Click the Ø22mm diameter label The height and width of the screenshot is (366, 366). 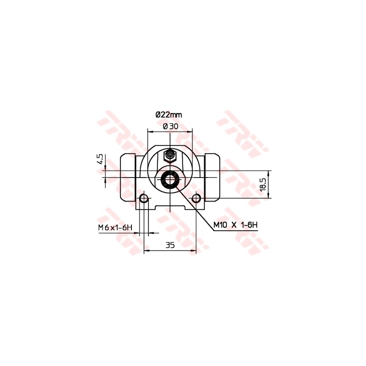click(169, 115)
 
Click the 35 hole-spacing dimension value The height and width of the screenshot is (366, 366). click(169, 245)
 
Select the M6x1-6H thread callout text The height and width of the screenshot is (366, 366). click(115, 227)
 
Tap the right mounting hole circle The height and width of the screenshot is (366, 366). click(197, 199)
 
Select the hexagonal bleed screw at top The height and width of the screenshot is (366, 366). click(169, 156)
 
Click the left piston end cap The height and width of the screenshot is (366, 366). click(128, 178)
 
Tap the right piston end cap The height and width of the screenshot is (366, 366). click(212, 178)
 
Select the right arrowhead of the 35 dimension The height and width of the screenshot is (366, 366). click(195, 251)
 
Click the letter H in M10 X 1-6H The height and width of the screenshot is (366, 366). click(255, 225)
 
